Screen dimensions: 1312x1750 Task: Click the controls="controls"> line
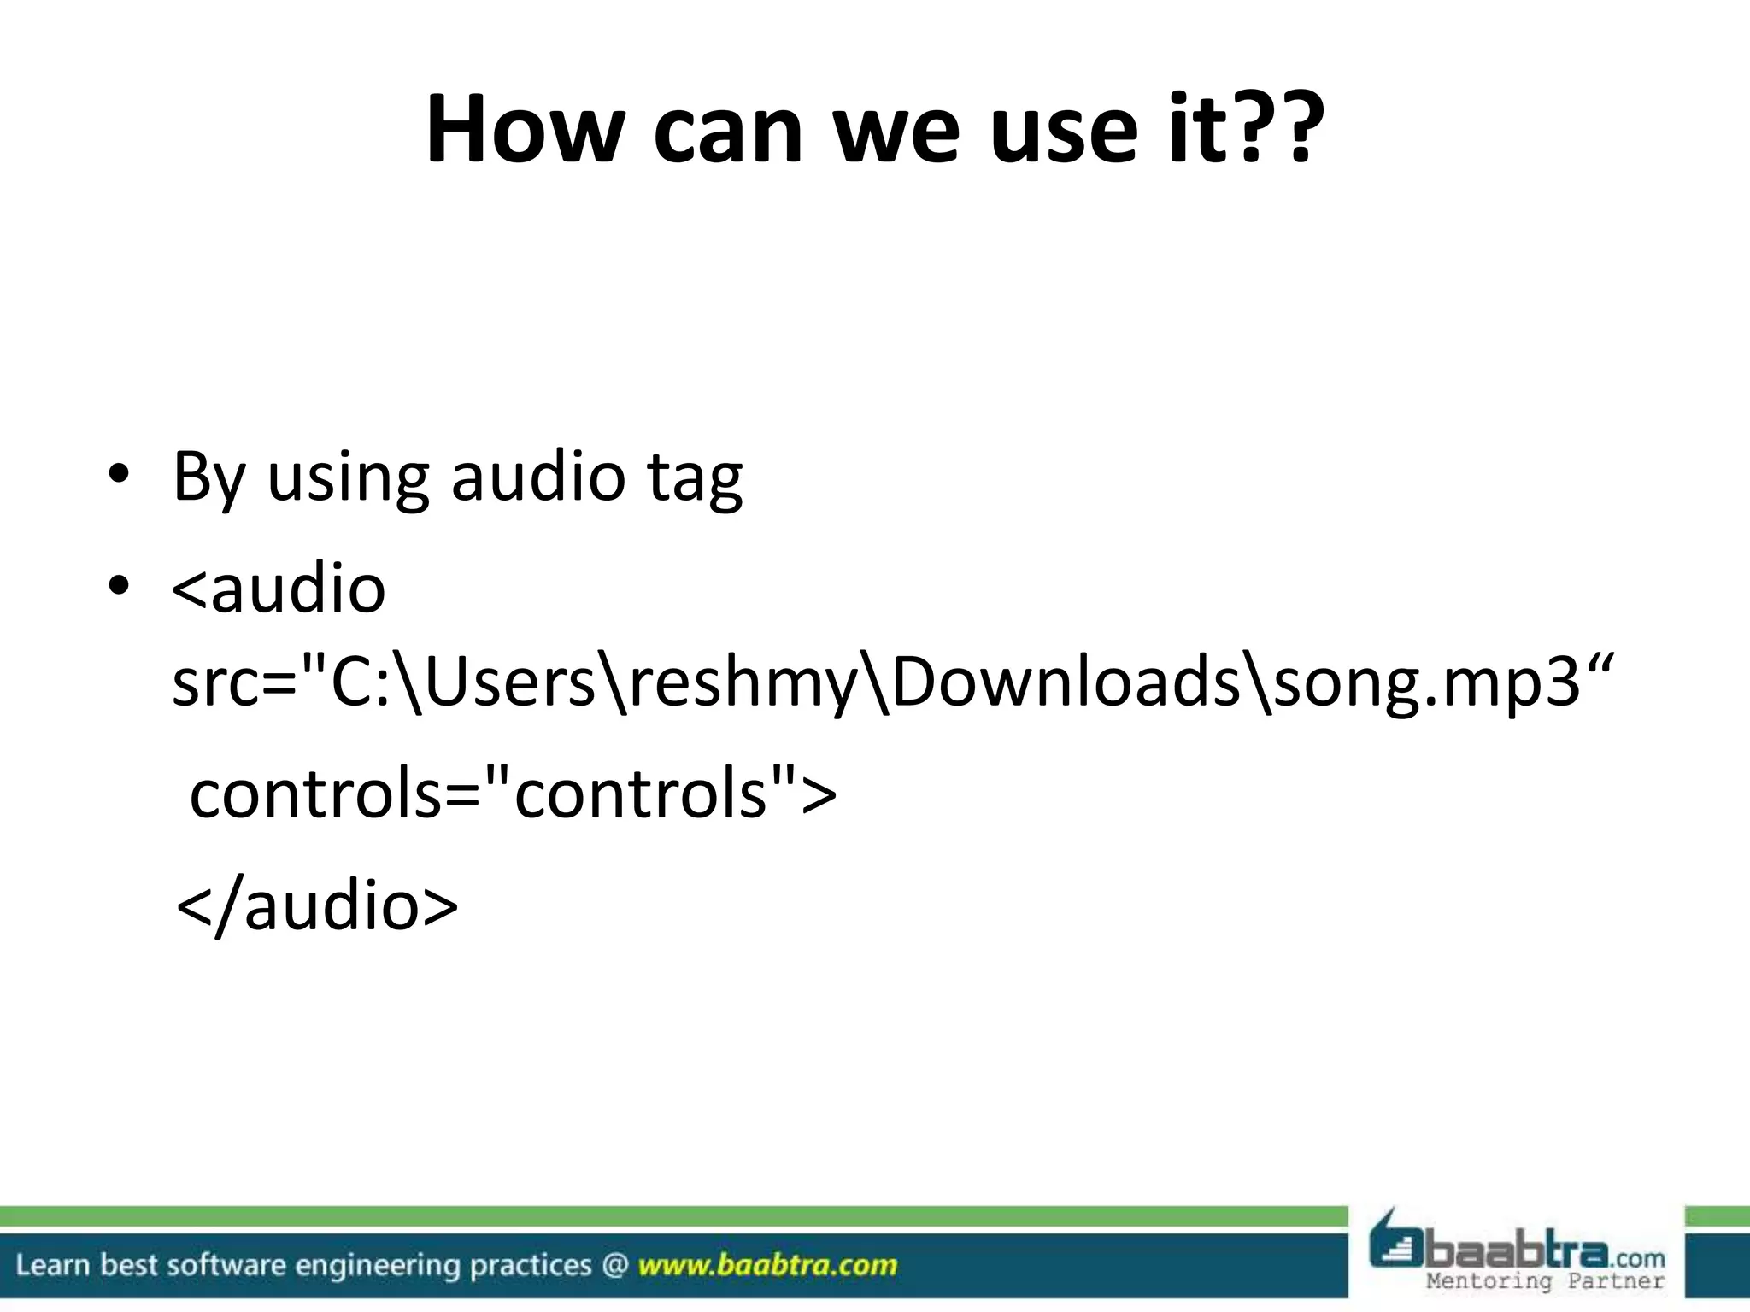point(513,794)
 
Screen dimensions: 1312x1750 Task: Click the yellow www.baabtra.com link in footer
point(767,1264)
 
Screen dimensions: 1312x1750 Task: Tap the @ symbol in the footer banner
point(614,1264)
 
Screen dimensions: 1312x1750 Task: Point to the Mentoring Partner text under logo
point(1545,1280)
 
